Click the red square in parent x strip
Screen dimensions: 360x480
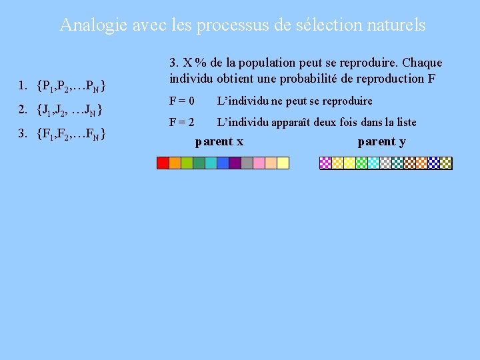pyautogui.click(x=163, y=163)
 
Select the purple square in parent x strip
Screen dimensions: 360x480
pyautogui.click(x=235, y=163)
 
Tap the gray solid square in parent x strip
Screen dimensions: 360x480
pyautogui.click(x=247, y=163)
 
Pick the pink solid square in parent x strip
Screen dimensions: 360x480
pyautogui.click(x=259, y=163)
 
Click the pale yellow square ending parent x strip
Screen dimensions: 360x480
pyautogui.click(x=283, y=163)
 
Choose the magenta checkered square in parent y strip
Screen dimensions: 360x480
pyautogui.click(x=326, y=163)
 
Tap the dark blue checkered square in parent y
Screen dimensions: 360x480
pyautogui.click(x=434, y=163)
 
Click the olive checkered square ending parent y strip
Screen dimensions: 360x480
pyautogui.click(x=446, y=163)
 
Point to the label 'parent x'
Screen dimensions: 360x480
pyautogui.click(x=219, y=141)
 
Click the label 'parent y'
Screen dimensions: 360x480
pyautogui.click(x=381, y=141)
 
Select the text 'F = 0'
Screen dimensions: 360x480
pyautogui.click(x=182, y=101)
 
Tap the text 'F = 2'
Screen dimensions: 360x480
pyautogui.click(x=182, y=122)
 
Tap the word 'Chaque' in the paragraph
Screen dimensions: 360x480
pyautogui.click(x=421, y=63)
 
